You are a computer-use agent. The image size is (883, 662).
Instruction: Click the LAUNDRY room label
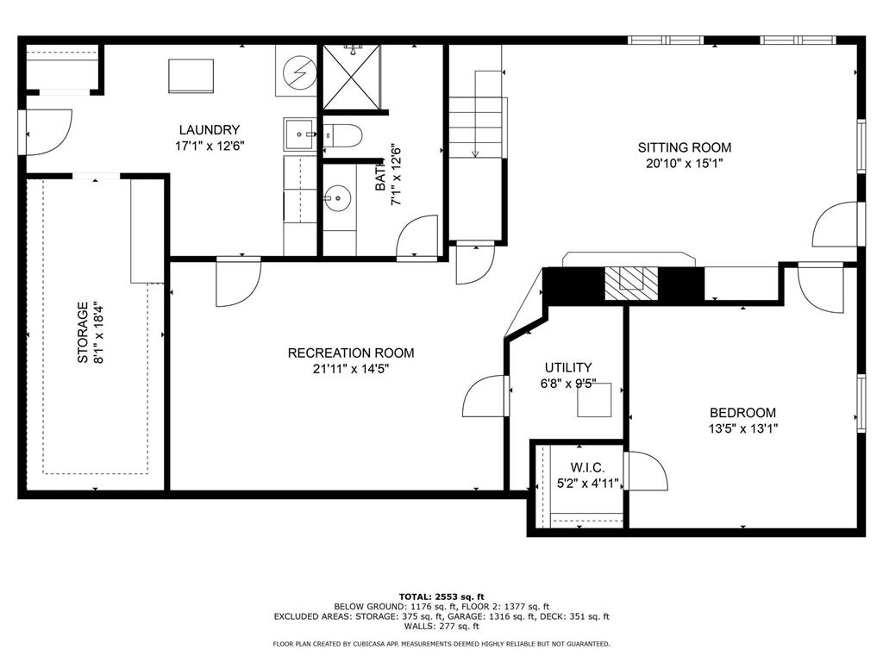pyautogui.click(x=210, y=130)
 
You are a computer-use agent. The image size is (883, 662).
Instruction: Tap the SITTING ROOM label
pyautogui.click(x=684, y=147)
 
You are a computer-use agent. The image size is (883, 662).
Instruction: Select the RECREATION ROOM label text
pyautogui.click(x=351, y=353)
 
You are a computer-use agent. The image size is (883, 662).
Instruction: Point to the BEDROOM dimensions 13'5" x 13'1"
pyautogui.click(x=742, y=429)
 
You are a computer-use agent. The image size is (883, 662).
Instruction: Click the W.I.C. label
pyautogui.click(x=588, y=468)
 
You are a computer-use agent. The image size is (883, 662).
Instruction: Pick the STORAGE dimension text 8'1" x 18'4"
pyautogui.click(x=98, y=334)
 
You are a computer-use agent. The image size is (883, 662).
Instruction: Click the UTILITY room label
pyautogui.click(x=568, y=367)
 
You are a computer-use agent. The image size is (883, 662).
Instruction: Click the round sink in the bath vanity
pyautogui.click(x=337, y=199)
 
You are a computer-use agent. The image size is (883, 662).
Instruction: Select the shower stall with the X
pyautogui.click(x=352, y=77)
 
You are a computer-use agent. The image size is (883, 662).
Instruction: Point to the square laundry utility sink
pyautogui.click(x=300, y=134)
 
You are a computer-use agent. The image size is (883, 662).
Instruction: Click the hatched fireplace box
pyautogui.click(x=631, y=284)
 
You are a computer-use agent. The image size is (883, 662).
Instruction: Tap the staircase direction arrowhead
pyautogui.click(x=475, y=153)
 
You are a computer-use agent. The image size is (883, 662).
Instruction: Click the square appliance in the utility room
pyautogui.click(x=594, y=400)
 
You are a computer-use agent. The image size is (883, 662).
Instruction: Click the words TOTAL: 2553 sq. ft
pyautogui.click(x=441, y=596)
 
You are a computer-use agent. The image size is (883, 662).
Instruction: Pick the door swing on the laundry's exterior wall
pyautogui.click(x=49, y=132)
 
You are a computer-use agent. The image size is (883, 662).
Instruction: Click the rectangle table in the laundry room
pyautogui.click(x=191, y=76)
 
